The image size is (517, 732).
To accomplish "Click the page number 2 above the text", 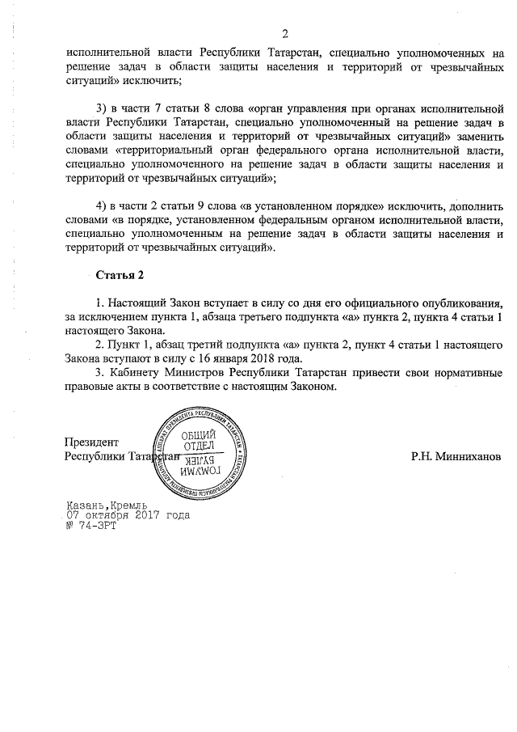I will (x=285, y=33).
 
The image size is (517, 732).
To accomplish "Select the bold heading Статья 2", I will (x=120, y=275).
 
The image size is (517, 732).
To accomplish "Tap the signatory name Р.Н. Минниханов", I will (x=456, y=456).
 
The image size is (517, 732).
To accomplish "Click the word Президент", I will (x=91, y=442).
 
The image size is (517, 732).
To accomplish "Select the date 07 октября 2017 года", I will (x=128, y=514).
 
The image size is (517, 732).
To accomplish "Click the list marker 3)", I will (x=101, y=108).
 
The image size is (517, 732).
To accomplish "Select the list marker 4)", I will (x=101, y=200).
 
